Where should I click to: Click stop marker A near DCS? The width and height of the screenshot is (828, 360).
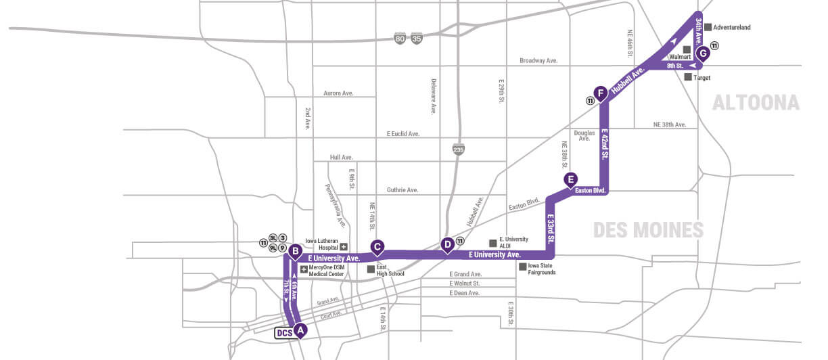click(301, 330)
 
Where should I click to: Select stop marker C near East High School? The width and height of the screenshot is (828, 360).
click(378, 247)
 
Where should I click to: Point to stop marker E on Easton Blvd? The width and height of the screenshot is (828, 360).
click(571, 179)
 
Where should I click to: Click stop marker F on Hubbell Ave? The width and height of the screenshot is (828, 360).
click(599, 93)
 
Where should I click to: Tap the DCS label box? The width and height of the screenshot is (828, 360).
click(284, 332)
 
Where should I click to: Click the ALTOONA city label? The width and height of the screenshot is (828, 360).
click(755, 103)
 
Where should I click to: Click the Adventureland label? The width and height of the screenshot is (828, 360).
click(732, 27)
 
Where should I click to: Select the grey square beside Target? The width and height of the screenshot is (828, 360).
click(688, 77)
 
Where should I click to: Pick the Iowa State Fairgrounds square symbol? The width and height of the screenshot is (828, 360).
click(522, 267)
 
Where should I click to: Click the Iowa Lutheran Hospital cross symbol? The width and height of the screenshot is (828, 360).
click(344, 246)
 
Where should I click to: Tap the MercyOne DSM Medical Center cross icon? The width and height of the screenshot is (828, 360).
click(304, 269)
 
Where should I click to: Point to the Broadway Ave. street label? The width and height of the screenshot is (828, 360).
click(538, 60)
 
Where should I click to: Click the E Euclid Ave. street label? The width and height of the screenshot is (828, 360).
click(403, 134)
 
